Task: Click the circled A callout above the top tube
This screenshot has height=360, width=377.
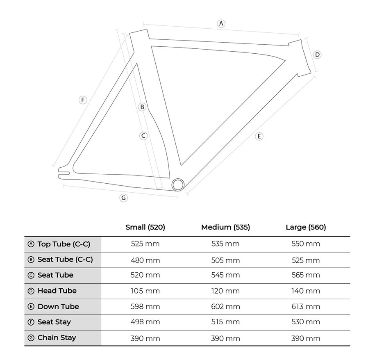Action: click(x=221, y=24)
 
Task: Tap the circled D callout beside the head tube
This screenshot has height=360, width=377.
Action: click(x=317, y=55)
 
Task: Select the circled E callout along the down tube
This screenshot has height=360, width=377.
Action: click(x=259, y=137)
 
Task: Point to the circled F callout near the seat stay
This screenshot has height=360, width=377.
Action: click(x=83, y=100)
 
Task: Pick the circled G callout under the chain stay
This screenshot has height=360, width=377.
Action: click(x=124, y=198)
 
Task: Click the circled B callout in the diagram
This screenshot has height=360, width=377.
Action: click(x=142, y=107)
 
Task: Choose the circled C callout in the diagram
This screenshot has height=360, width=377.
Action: click(x=143, y=136)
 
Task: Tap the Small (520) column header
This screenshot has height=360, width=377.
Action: click(x=145, y=227)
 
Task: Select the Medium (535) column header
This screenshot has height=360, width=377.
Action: click(x=225, y=227)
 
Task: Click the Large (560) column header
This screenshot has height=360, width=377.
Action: click(x=306, y=227)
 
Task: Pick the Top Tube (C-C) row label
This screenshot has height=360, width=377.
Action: click(x=64, y=244)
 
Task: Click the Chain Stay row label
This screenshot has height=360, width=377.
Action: click(x=57, y=337)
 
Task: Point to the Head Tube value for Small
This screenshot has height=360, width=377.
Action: click(x=145, y=291)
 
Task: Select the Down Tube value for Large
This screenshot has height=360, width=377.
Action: click(x=306, y=307)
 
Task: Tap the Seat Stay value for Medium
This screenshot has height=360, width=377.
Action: click(x=225, y=322)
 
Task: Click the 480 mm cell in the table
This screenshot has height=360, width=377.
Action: click(x=145, y=260)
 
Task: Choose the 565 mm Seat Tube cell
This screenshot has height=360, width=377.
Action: click(x=306, y=275)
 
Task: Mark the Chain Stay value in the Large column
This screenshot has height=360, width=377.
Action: click(x=306, y=339)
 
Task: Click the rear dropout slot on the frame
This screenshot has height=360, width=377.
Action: click(x=64, y=173)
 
